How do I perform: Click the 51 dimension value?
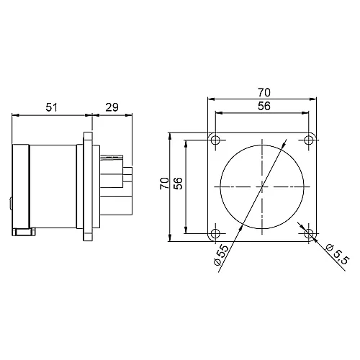point(52,107)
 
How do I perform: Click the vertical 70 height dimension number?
point(164,184)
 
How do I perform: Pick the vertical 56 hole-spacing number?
point(179,184)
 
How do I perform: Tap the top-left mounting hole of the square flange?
point(215,139)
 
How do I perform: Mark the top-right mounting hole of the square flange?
point(310,139)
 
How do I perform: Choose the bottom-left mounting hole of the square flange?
point(215,234)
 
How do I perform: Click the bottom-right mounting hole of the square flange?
point(310,234)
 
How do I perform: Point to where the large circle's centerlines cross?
point(262,186)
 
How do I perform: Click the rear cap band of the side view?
point(21,186)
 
